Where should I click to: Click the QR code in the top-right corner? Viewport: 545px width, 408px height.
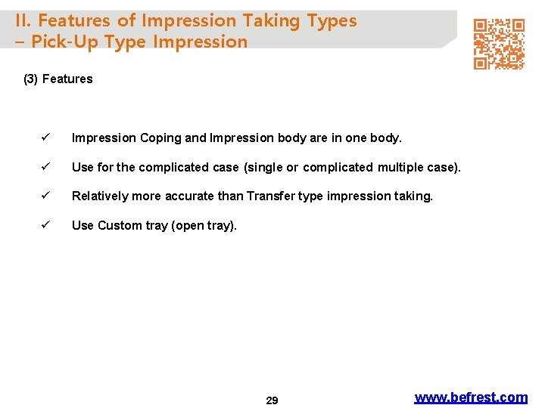(x=499, y=45)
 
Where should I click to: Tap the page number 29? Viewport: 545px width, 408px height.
(x=272, y=400)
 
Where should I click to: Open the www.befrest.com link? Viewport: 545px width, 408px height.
(x=471, y=397)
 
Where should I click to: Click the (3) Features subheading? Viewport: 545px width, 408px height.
(x=58, y=79)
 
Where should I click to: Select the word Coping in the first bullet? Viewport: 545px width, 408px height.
(x=160, y=138)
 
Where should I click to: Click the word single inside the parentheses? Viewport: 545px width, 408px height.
(x=265, y=167)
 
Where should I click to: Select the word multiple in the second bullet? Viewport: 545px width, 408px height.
(x=403, y=167)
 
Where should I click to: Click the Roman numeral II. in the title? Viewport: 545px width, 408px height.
(x=23, y=21)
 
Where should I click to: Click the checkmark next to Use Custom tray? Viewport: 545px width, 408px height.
(x=46, y=225)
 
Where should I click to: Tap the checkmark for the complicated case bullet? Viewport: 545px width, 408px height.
(x=46, y=167)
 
